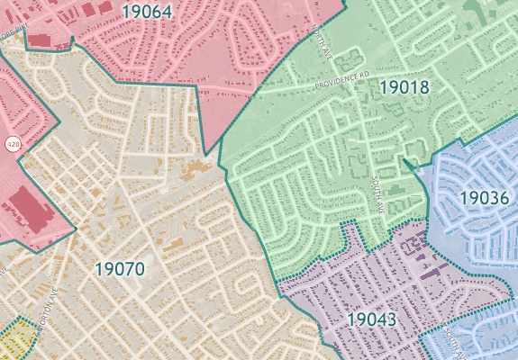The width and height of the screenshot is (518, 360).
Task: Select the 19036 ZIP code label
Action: click(x=485, y=196)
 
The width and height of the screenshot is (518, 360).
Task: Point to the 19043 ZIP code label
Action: click(x=372, y=319)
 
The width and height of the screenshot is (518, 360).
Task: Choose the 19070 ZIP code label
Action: click(x=119, y=267)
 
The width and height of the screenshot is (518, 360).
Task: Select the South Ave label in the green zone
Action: click(x=379, y=193)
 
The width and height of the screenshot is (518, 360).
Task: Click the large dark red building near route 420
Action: click(x=35, y=209)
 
